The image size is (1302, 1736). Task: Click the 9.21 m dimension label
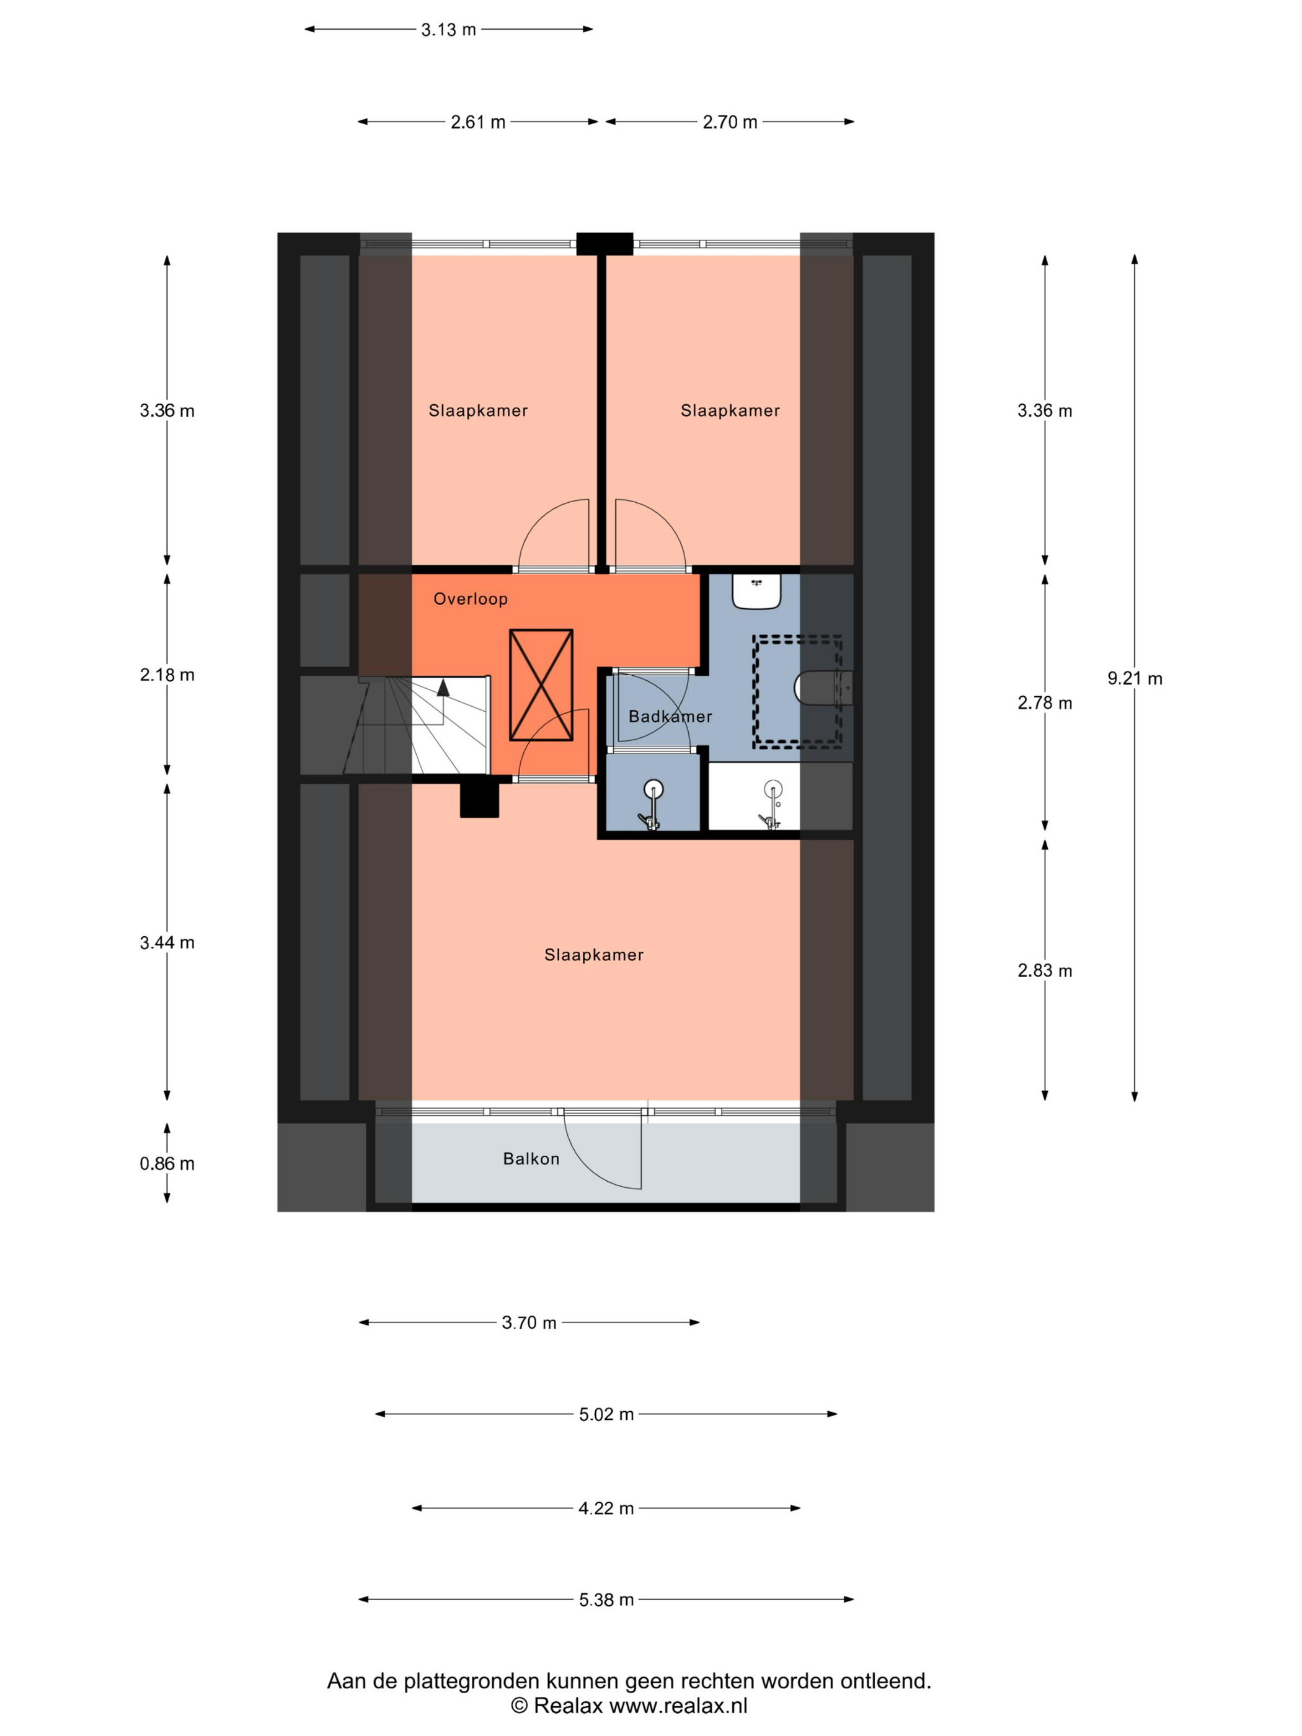coord(1134,678)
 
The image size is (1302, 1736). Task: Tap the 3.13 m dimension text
coord(448,30)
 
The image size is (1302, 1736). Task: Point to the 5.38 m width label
coord(606,1600)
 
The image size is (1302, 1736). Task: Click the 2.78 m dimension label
coord(1045,702)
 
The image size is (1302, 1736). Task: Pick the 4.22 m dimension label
coord(606,1508)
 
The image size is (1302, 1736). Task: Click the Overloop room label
coord(471,599)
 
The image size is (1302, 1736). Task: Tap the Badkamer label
coord(670,715)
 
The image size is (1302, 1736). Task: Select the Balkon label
coord(531,1158)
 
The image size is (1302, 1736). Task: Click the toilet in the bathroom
coord(823,688)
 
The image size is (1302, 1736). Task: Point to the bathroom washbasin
coord(756,591)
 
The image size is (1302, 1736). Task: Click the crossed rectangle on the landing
coord(541,684)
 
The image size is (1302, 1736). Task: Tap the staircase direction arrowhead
coord(443,688)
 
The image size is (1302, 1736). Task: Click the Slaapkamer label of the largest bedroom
coord(594,954)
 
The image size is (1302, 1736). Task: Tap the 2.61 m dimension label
coord(478,122)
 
